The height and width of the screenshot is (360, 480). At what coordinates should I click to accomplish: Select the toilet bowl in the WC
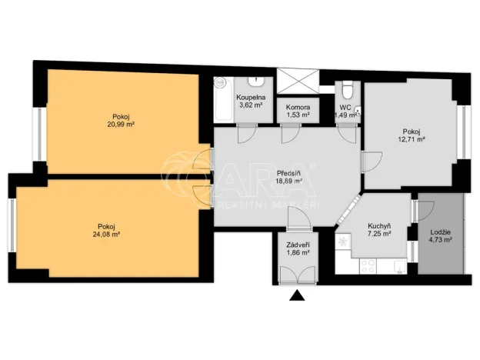click(348, 88)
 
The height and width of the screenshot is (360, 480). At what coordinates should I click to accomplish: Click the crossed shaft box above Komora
click(297, 80)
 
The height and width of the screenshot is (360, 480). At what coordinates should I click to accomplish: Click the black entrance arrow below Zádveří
click(296, 295)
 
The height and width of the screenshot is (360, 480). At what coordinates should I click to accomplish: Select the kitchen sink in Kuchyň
click(398, 268)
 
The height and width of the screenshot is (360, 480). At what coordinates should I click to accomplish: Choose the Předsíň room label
click(288, 172)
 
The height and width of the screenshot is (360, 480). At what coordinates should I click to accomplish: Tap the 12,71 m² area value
click(412, 139)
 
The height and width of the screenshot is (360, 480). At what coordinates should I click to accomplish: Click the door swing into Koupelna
click(245, 132)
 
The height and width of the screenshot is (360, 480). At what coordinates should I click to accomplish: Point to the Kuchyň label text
click(379, 225)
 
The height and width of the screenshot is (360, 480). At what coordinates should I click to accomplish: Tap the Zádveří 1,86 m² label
click(295, 248)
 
